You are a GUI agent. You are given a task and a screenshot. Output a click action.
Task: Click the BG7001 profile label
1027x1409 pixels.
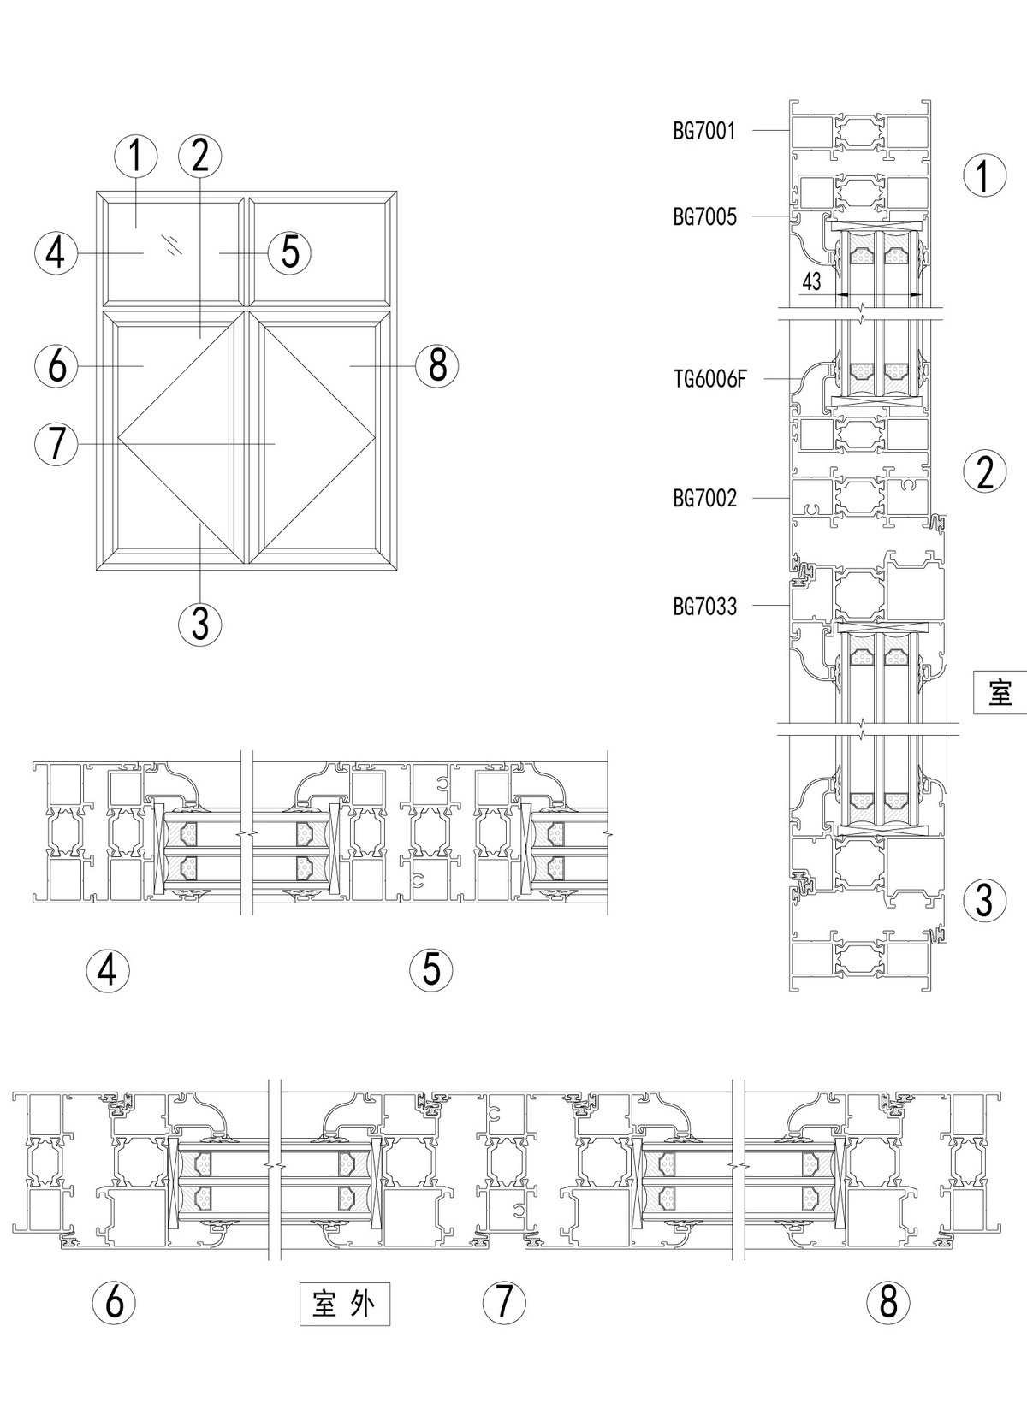[x=703, y=131]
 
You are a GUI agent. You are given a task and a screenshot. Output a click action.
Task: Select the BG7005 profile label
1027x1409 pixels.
[x=704, y=217]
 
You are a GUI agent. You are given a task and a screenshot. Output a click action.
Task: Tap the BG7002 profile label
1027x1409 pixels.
[x=704, y=498]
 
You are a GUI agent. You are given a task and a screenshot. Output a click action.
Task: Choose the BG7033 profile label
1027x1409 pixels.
[x=704, y=607]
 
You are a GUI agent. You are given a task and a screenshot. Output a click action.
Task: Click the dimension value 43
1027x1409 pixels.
[x=811, y=281]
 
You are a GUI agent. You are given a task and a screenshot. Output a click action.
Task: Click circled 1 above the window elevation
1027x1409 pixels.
[x=136, y=157]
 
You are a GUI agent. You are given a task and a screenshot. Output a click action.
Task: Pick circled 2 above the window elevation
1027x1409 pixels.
[x=200, y=157]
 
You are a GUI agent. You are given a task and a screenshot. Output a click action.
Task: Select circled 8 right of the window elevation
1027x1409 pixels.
[x=436, y=366]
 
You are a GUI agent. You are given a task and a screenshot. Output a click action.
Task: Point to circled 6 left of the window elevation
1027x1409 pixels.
[x=56, y=366]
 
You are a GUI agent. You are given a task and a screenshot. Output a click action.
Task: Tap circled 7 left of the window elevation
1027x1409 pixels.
[x=56, y=445]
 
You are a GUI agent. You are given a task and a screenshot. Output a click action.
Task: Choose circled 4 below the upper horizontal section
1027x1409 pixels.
[x=109, y=970]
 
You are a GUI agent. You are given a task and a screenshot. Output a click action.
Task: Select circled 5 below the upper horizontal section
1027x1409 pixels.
[x=431, y=970]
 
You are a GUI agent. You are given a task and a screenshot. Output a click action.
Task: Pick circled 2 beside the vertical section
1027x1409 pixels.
[x=985, y=471]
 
